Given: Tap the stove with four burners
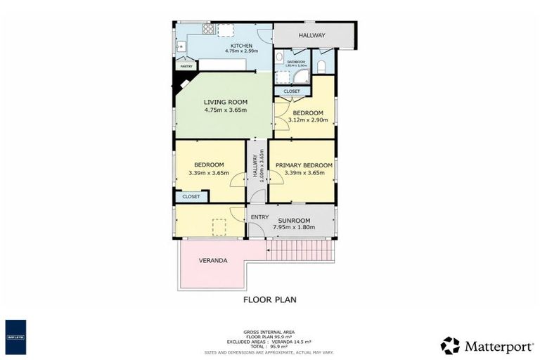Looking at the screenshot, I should [x=209, y=30].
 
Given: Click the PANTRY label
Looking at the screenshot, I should [x=186, y=66].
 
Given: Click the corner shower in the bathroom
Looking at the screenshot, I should [x=300, y=77].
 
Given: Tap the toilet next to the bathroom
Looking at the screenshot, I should [x=321, y=66].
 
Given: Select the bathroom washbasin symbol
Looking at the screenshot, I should [x=279, y=57].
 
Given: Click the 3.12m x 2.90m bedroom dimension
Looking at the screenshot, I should [x=308, y=120].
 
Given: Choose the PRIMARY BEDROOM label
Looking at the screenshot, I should [x=304, y=165].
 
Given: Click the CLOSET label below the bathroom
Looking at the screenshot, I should [x=291, y=91].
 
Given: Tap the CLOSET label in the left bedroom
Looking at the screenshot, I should [x=191, y=197].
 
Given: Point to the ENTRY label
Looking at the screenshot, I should [x=259, y=217].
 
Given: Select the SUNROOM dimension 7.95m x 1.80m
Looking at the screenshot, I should [x=300, y=228].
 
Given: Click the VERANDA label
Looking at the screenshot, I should [x=213, y=260].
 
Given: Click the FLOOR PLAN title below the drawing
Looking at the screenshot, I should [x=269, y=300].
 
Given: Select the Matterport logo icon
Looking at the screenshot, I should [x=450, y=345].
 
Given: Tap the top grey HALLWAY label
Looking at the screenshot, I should [x=311, y=35].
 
